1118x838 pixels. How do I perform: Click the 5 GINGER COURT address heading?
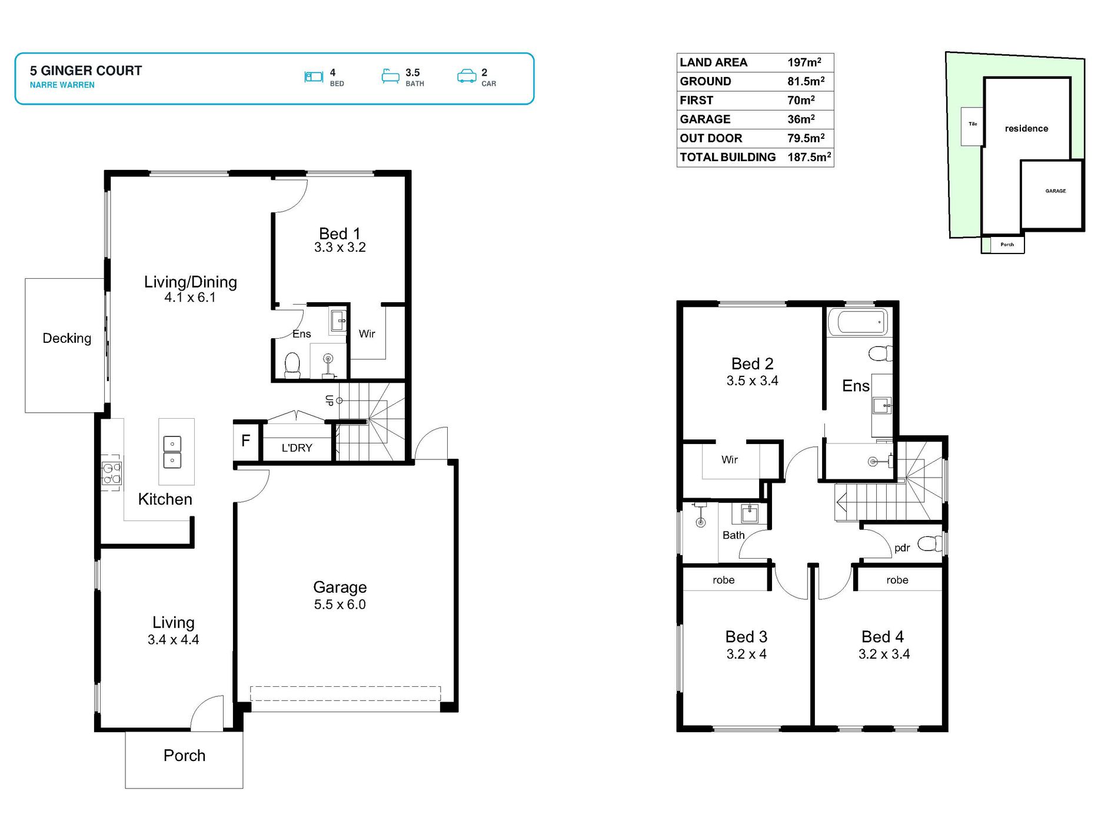coord(86,71)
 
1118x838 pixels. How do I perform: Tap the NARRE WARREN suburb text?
coord(62,85)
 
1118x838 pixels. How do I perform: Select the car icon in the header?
coord(467,76)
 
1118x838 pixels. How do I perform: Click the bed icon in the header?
coord(314,76)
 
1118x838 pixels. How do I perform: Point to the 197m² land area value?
coord(804,62)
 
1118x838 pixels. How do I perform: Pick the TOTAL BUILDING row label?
coord(727,157)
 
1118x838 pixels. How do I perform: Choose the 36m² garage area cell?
coord(801,119)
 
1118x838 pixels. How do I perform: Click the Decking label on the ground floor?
coord(67,338)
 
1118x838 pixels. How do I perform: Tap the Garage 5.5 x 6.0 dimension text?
coord(340,605)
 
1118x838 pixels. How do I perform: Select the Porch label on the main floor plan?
coord(184,756)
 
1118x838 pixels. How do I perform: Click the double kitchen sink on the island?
coord(172,452)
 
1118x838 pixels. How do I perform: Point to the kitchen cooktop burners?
coord(111,473)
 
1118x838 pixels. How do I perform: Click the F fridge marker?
coord(246,440)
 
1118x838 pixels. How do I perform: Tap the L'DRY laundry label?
coord(297,448)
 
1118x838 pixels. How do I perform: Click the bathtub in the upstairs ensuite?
coord(857,322)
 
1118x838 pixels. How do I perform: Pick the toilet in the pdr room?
coord(930,543)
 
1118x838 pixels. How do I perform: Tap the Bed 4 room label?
coord(883,637)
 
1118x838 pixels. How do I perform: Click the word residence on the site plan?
coord(1026,129)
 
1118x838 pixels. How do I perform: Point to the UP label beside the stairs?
coord(330,400)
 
